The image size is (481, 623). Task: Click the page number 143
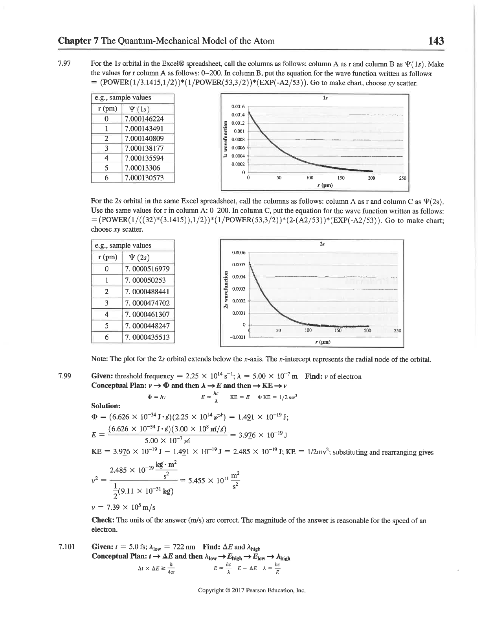436,41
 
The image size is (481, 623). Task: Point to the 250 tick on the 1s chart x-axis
402,178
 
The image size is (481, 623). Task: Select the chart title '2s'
322,244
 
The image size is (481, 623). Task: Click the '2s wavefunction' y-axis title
226,290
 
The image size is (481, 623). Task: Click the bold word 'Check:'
103,520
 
